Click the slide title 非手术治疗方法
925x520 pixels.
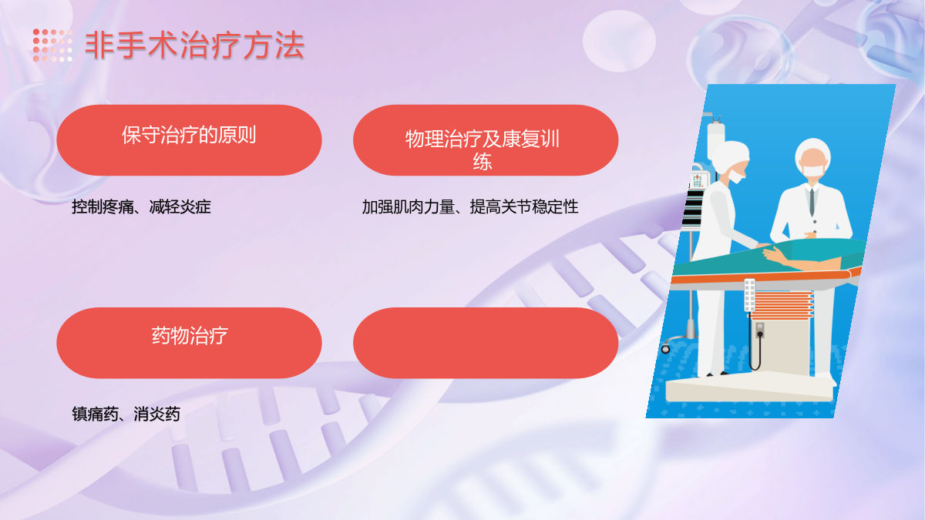(194, 45)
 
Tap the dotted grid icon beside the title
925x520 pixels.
(52, 45)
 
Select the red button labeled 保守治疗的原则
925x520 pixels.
(189, 140)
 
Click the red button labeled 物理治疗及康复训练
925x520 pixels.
(486, 140)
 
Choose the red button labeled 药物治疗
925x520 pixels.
(189, 343)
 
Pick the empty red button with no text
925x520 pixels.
(486, 343)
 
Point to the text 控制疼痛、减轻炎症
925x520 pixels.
(141, 206)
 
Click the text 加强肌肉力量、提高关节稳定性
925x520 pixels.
(470, 206)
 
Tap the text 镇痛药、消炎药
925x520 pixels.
(126, 414)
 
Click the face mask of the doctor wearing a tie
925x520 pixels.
(812, 170)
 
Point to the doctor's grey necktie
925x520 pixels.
(812, 202)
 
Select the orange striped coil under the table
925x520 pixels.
(781, 305)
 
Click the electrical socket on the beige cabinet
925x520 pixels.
(759, 330)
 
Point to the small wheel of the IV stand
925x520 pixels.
(665, 349)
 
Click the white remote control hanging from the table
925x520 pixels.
(749, 295)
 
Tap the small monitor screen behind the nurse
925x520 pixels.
(698, 181)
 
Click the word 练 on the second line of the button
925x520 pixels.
(483, 161)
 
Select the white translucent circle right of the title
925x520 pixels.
(619, 41)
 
